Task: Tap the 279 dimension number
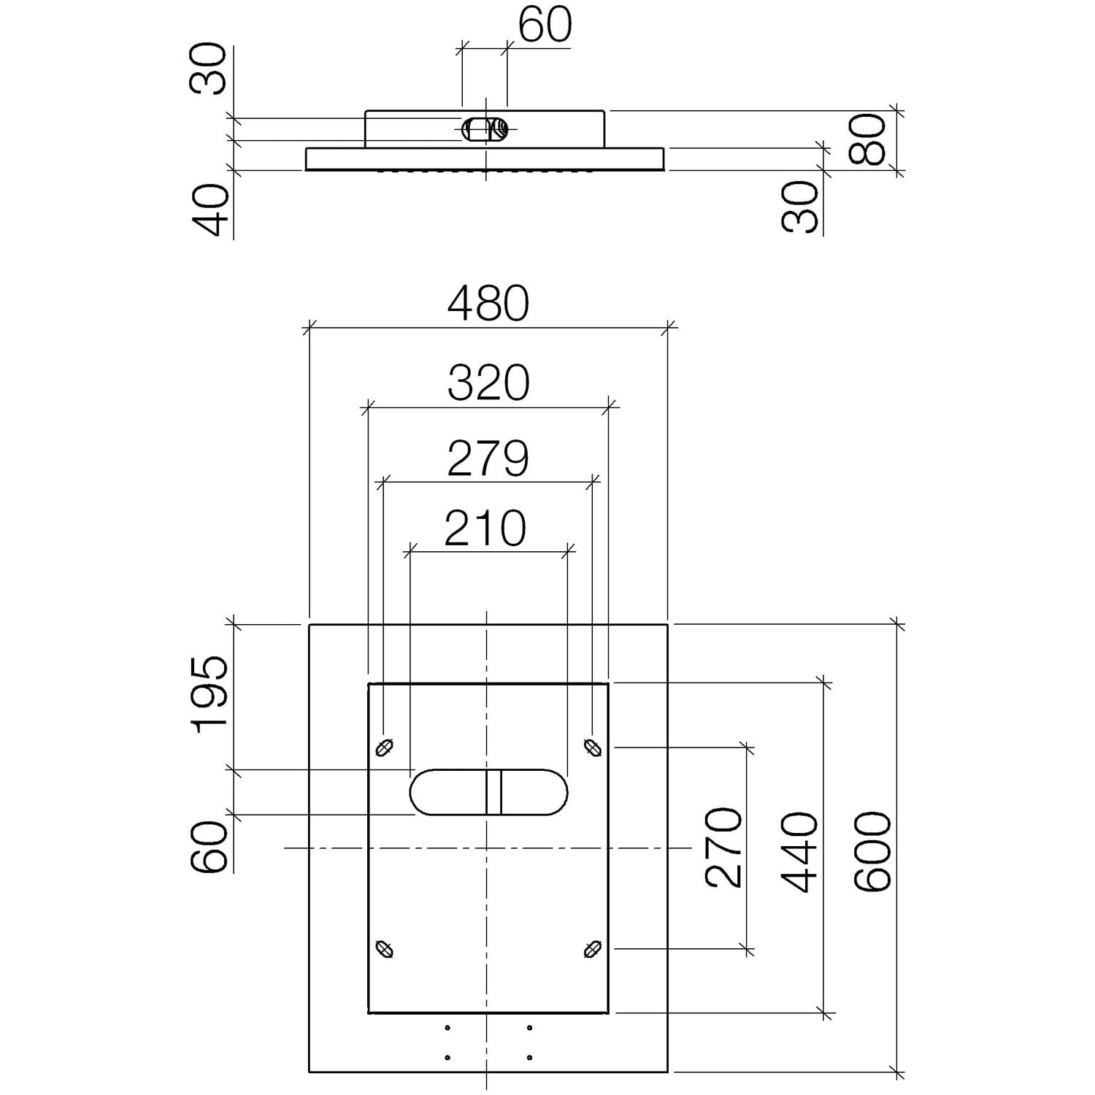[488, 458]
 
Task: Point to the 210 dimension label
[485, 528]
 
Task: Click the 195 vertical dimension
[210, 693]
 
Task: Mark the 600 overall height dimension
[873, 852]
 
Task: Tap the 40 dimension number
[210, 210]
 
